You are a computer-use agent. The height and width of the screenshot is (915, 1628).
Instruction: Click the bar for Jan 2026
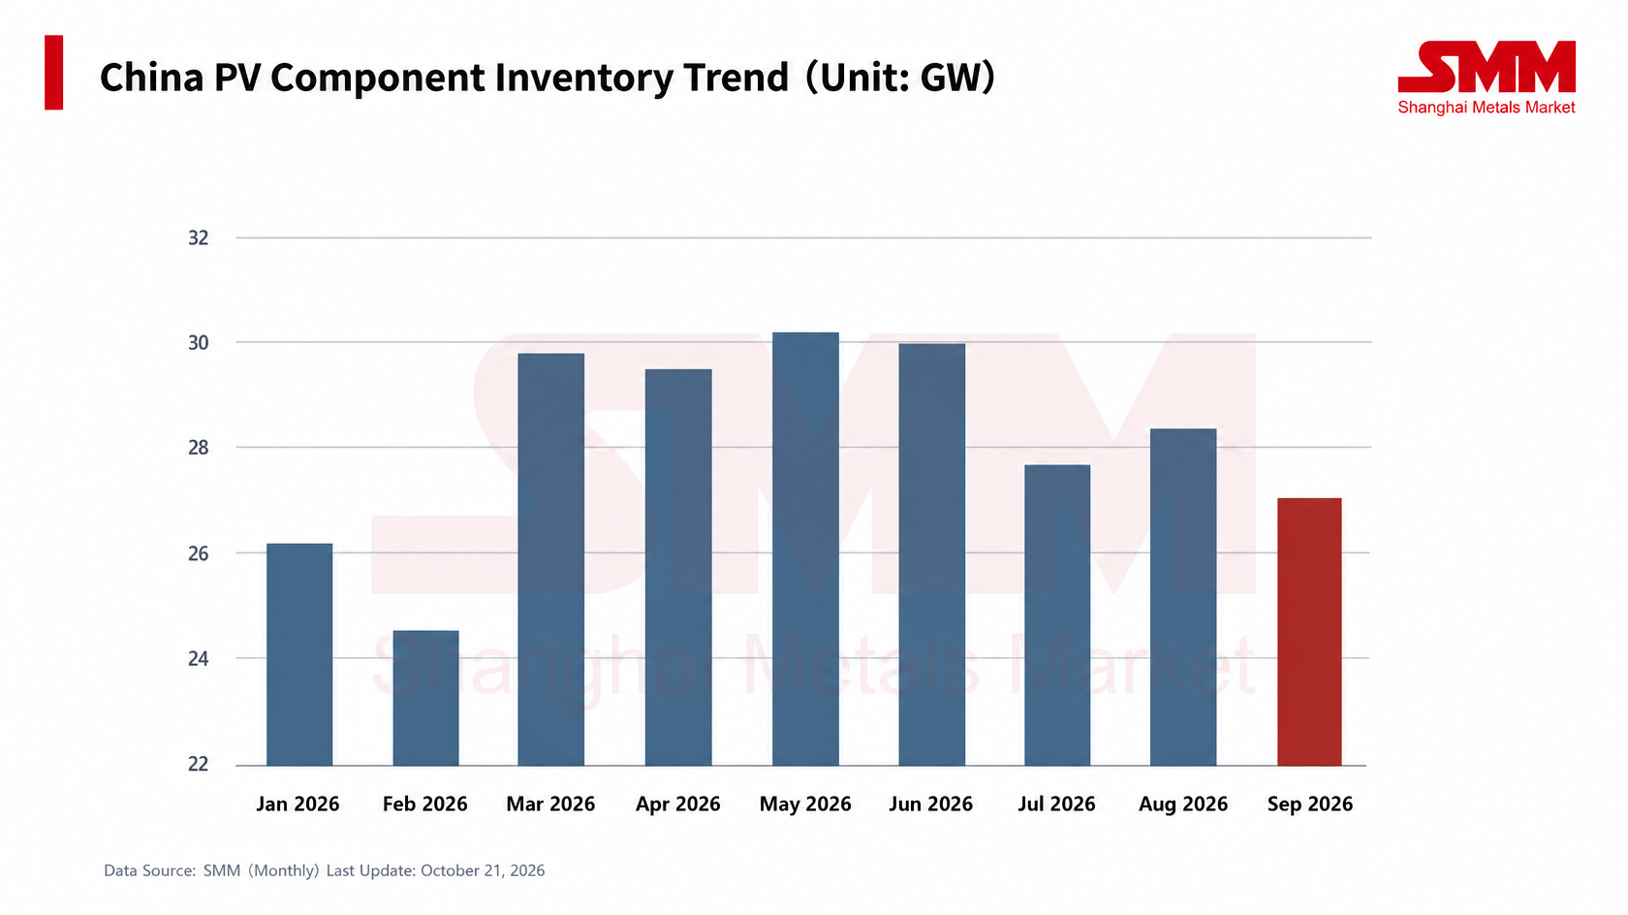[299, 654]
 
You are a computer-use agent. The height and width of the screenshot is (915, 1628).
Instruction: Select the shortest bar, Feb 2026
[426, 698]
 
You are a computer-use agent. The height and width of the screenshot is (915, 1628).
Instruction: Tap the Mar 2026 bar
[550, 559]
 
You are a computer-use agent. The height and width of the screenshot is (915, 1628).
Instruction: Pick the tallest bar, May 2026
[805, 549]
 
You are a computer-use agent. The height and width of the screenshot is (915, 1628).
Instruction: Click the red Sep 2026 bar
[1310, 632]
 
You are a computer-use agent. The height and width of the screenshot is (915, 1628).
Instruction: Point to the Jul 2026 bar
[1057, 615]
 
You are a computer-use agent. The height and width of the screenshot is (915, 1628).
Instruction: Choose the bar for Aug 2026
[1183, 597]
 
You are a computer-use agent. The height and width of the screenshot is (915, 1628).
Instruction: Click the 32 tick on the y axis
[199, 237]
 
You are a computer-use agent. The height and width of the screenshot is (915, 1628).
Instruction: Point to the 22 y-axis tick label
[199, 764]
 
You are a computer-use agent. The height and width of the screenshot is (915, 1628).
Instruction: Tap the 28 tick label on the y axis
[199, 448]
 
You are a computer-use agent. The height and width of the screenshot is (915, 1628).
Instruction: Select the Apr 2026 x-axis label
[678, 804]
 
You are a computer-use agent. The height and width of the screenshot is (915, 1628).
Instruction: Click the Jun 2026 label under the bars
[931, 804]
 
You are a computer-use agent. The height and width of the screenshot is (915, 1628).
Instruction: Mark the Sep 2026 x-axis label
[1310, 804]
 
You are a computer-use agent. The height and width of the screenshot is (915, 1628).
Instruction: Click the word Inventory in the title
[584, 78]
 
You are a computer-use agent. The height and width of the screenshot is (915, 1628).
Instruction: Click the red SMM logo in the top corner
[1487, 67]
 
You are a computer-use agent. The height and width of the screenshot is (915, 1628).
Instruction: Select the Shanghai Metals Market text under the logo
[1487, 108]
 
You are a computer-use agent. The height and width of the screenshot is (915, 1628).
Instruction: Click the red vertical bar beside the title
[54, 73]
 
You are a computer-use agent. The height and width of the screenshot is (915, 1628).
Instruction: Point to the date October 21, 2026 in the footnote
[483, 870]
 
